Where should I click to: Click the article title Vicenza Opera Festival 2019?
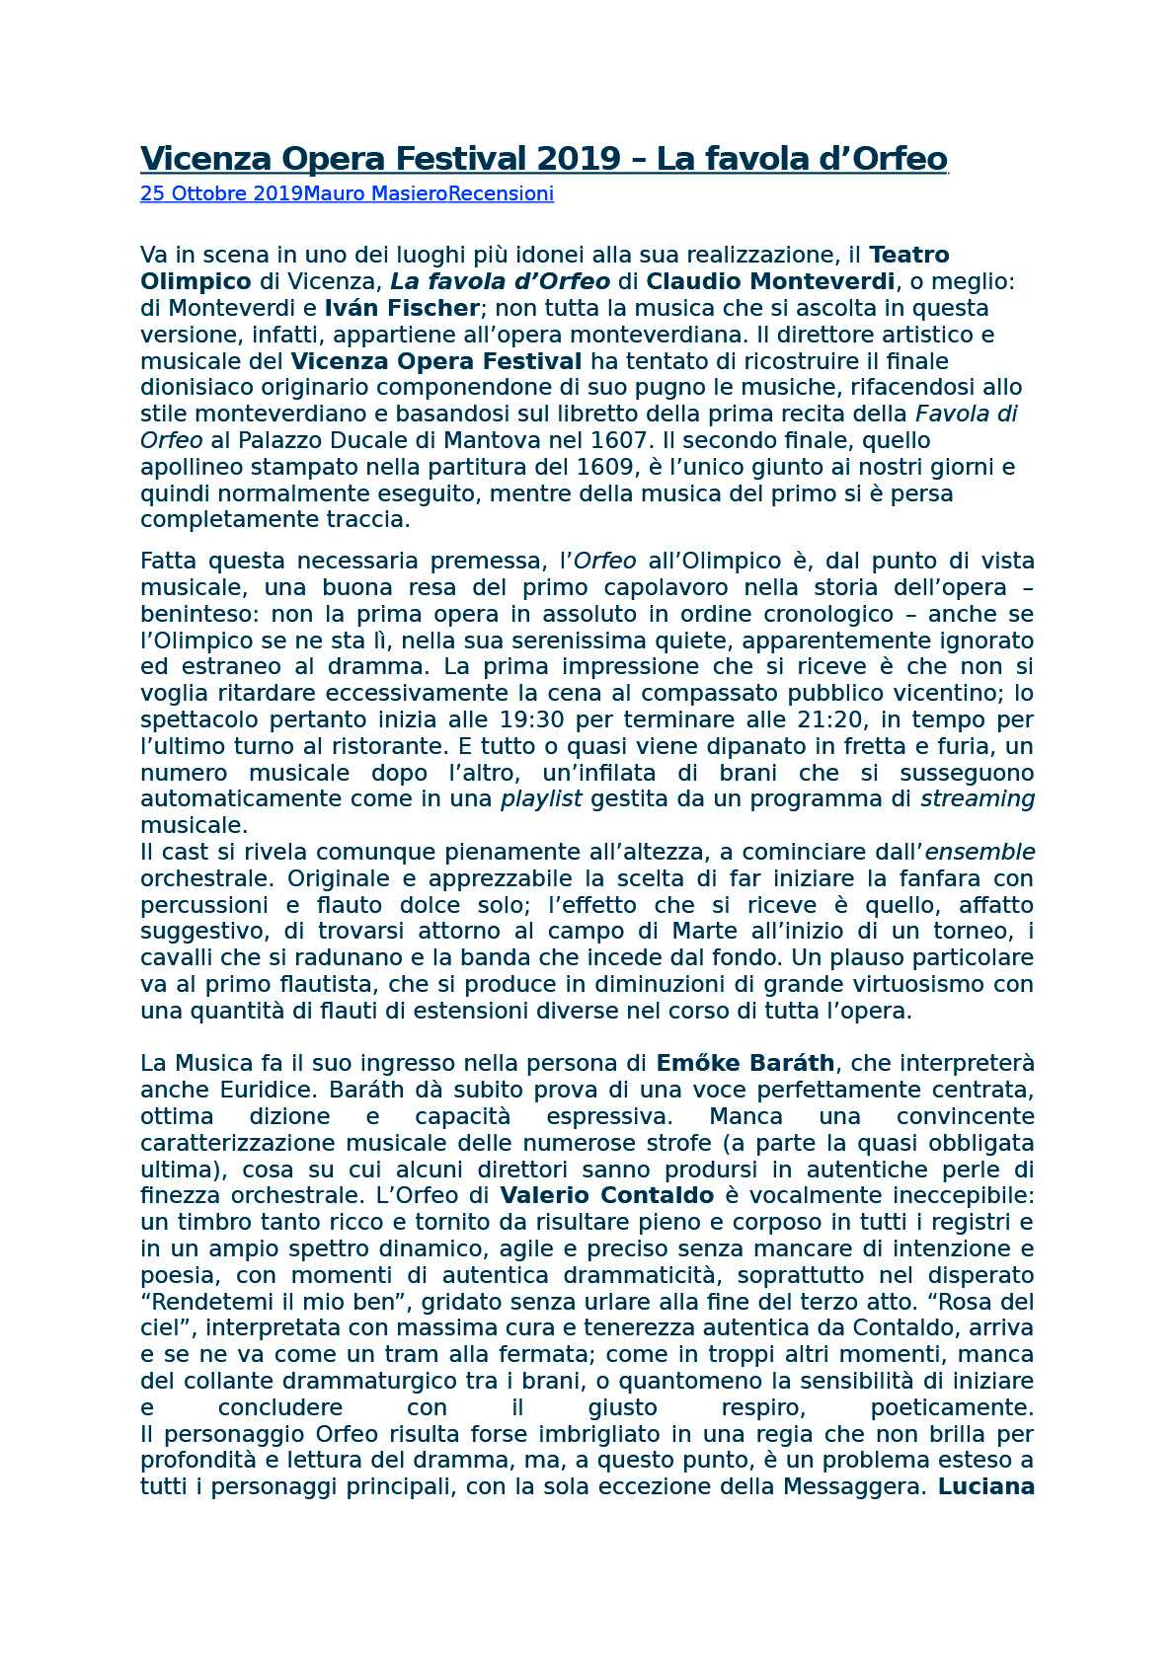tap(543, 159)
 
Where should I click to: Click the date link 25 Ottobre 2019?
tap(221, 193)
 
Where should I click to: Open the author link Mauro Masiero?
tap(375, 193)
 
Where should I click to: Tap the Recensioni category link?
tap(501, 193)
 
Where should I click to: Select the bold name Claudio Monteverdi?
tap(770, 281)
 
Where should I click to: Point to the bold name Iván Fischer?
tap(402, 308)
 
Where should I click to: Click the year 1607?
tap(618, 440)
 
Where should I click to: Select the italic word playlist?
tap(541, 799)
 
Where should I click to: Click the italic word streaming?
tap(977, 799)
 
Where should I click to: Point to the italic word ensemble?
tap(979, 852)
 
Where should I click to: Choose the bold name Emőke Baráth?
tap(745, 1064)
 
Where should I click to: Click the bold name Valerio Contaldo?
tap(606, 1196)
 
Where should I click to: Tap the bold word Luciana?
tap(985, 1487)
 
